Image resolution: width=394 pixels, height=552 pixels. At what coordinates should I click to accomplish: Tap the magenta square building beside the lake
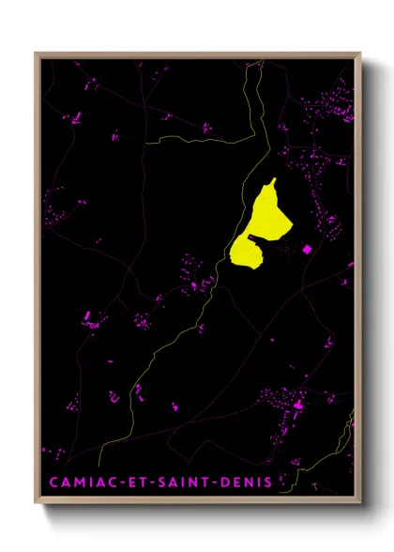(x=305, y=249)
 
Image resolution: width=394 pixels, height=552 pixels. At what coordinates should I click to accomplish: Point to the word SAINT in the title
(x=187, y=483)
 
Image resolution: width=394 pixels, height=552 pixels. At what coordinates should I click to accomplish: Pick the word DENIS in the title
(x=248, y=483)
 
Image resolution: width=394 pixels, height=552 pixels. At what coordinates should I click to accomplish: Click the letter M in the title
(x=78, y=483)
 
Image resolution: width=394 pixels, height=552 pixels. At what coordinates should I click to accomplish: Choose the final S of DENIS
(x=268, y=483)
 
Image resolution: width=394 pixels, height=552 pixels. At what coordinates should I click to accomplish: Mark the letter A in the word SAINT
(x=178, y=483)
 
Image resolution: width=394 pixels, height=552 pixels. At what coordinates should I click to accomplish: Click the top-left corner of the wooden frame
(x=36, y=53)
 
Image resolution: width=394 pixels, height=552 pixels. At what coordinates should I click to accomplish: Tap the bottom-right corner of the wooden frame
(x=361, y=504)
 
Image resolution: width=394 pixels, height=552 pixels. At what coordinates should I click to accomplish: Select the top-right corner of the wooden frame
(x=361, y=53)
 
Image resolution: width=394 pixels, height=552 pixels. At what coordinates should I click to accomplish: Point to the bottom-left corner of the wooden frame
(x=36, y=504)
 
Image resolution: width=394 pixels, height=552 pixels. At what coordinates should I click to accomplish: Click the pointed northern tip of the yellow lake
(x=273, y=179)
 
